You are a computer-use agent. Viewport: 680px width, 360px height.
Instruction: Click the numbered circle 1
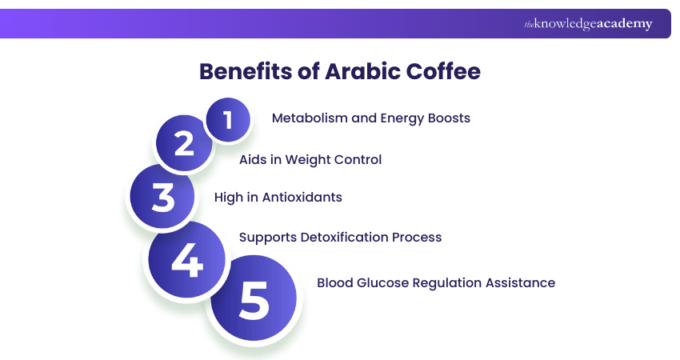pos(228,120)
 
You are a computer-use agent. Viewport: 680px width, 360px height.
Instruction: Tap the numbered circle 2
pos(185,144)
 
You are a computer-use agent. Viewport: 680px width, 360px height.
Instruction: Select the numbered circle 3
pos(163,197)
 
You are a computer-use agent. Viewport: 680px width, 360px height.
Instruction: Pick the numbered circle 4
pos(187,262)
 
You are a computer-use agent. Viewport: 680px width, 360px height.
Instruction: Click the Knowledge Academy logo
pos(588,24)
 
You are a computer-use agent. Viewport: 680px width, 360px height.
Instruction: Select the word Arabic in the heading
pos(357,71)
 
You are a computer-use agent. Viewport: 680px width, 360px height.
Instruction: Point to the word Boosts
pos(445,118)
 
